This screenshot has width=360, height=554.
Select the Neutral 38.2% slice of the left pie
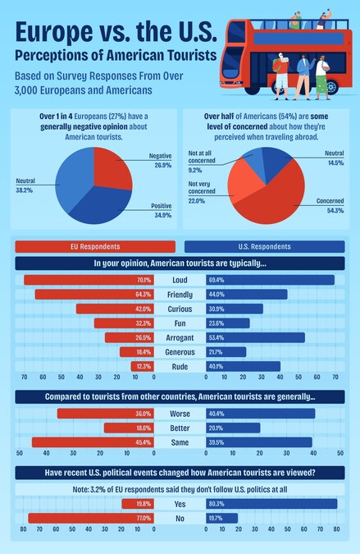(73, 176)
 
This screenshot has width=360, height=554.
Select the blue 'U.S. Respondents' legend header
(264, 246)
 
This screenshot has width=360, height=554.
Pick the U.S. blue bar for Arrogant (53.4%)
(255, 337)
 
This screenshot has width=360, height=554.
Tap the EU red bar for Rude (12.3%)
(143, 366)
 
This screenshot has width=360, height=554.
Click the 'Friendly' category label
(180, 295)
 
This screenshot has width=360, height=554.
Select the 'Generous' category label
(180, 352)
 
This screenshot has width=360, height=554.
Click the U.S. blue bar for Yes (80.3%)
(271, 504)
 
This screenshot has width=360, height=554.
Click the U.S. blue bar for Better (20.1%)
(233, 428)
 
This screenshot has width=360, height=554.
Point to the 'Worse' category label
(180, 414)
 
